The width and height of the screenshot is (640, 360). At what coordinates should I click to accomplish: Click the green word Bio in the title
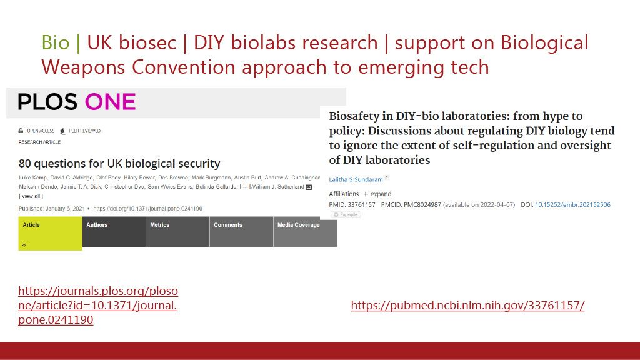click(x=56, y=43)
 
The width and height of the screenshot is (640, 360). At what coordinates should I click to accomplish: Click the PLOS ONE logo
click(x=77, y=102)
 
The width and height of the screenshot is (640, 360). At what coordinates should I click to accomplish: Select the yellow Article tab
click(x=50, y=233)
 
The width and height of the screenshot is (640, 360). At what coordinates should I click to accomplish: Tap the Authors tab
click(x=114, y=231)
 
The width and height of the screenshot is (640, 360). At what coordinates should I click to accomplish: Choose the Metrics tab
click(x=177, y=231)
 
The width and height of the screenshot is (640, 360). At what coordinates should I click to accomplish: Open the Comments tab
click(x=241, y=231)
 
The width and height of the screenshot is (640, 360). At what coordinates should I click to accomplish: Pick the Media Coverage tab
click(x=305, y=231)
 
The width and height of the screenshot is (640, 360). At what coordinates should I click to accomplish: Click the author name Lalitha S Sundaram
click(x=356, y=179)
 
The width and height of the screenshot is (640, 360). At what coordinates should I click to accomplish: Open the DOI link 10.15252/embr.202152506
click(x=572, y=205)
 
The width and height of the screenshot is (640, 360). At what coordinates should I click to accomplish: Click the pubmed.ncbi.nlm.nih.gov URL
click(x=467, y=305)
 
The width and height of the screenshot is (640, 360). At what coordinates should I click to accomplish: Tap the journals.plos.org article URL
click(x=98, y=305)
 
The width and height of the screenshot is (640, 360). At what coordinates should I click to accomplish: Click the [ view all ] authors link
click(x=31, y=196)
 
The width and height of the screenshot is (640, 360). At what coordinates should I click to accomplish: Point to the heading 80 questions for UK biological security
click(x=119, y=164)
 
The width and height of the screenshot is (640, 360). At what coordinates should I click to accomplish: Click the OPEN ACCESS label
click(x=41, y=131)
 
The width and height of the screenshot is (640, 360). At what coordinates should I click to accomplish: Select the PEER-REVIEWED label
click(x=84, y=131)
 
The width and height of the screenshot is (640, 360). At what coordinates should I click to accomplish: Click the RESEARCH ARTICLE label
click(x=39, y=142)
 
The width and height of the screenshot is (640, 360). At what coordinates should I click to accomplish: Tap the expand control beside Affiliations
click(x=377, y=194)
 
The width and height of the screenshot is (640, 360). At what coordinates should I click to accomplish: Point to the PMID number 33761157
click(x=361, y=205)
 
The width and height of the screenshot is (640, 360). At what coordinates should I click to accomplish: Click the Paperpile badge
click(x=345, y=215)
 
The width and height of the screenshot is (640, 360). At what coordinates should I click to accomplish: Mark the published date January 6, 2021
click(x=65, y=209)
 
